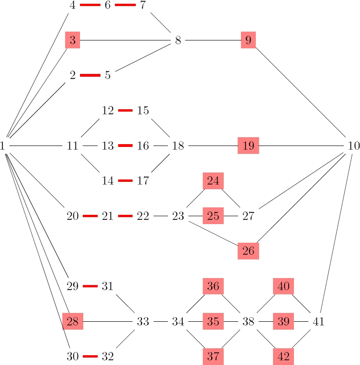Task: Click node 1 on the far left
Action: (3, 146)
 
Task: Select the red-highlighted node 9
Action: (248, 40)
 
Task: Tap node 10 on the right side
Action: (353, 146)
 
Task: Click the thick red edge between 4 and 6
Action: (90, 5)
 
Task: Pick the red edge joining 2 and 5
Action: (90, 75)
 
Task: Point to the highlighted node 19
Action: (248, 146)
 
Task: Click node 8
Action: (178, 40)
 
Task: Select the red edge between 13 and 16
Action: (125, 146)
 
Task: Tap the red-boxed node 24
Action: (213, 181)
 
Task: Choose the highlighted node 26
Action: (248, 252)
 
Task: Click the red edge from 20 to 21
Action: (90, 216)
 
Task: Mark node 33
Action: (143, 321)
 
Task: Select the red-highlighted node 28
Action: (73, 321)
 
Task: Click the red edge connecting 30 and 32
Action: (90, 357)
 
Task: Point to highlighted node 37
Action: (213, 357)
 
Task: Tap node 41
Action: (319, 321)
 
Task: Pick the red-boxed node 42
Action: (283, 357)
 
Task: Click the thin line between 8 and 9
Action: (213, 40)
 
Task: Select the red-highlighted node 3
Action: (73, 40)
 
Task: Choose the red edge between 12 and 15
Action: (125, 111)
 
